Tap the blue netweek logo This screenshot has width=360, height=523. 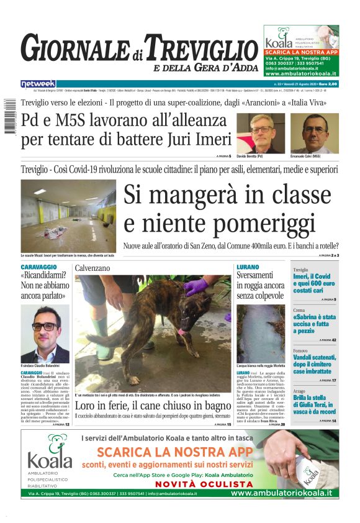[38, 83]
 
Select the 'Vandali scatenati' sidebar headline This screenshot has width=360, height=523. [314, 366]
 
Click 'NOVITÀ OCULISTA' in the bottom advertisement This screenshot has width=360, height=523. [195, 484]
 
